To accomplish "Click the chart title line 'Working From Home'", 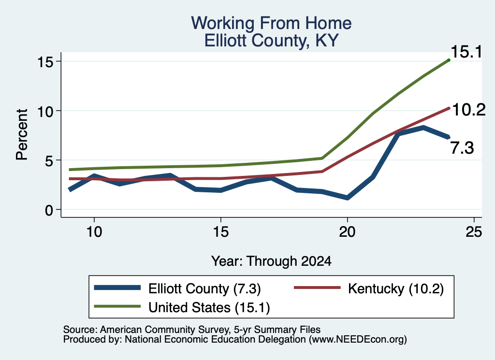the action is click(271, 23).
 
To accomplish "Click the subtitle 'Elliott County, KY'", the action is click(271, 41).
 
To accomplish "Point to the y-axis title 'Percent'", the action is click(22, 135).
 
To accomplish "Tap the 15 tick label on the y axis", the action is click(45, 61).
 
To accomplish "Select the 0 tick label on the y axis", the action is click(49, 210).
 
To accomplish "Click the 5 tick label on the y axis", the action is click(49, 160).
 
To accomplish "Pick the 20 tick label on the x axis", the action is click(347, 232).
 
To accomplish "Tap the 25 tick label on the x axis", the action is click(474, 232).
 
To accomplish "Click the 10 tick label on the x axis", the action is click(94, 232).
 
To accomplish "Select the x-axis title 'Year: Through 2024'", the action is click(271, 261).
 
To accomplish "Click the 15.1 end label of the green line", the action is click(466, 52).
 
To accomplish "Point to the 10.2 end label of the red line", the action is click(469, 110).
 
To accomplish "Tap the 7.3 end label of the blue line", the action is click(462, 148).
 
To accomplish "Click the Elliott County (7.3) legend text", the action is click(204, 289).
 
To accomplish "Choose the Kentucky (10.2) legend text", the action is click(396, 289).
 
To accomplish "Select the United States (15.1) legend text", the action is click(209, 308).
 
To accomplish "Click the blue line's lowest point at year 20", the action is click(347, 198).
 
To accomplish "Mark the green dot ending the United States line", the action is click(449, 60).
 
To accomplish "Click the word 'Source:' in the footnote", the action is click(80, 330).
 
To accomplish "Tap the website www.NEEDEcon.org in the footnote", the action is click(358, 340).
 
